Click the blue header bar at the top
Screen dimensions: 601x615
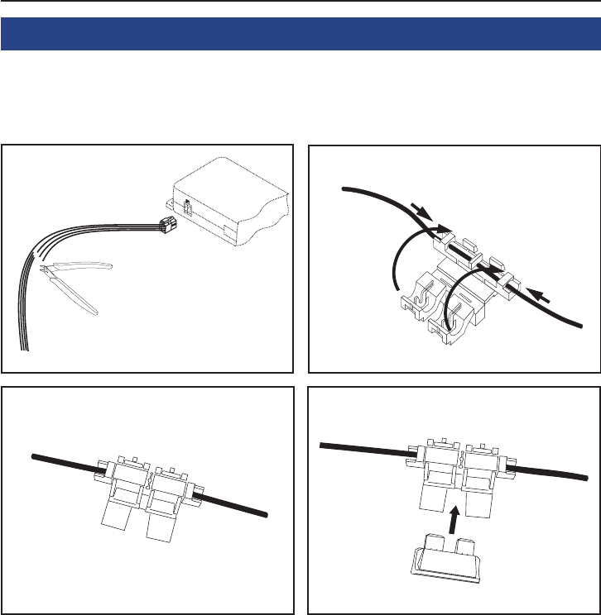300,36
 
